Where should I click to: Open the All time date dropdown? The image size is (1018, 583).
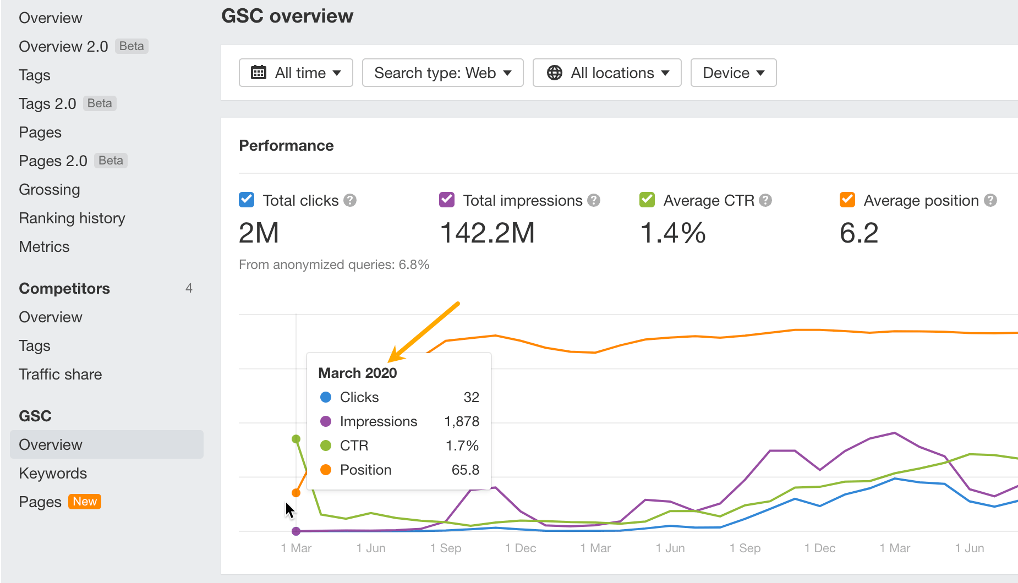296,73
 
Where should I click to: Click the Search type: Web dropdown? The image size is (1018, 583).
442,73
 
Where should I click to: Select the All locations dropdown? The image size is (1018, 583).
607,73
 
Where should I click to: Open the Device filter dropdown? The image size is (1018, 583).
733,73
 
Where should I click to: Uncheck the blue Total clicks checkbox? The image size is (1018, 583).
247,200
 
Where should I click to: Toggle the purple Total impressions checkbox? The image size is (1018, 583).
447,200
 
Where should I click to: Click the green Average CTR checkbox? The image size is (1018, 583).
647,200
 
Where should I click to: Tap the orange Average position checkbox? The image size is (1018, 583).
847,200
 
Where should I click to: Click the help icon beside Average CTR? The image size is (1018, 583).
765,200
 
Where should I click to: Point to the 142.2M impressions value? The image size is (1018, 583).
488,233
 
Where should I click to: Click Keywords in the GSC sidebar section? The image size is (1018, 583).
53,473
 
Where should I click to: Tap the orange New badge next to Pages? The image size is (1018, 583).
85,502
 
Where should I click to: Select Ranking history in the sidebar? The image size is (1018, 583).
72,218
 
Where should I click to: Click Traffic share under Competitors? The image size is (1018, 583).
61,374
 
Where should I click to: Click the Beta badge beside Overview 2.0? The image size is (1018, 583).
132,46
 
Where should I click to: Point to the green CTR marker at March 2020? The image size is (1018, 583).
296,439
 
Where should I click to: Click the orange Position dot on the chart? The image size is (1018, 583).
296,493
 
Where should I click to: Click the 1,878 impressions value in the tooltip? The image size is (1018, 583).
462,421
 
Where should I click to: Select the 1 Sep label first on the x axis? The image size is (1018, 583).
446,548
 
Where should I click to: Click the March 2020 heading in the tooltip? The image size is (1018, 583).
358,373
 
